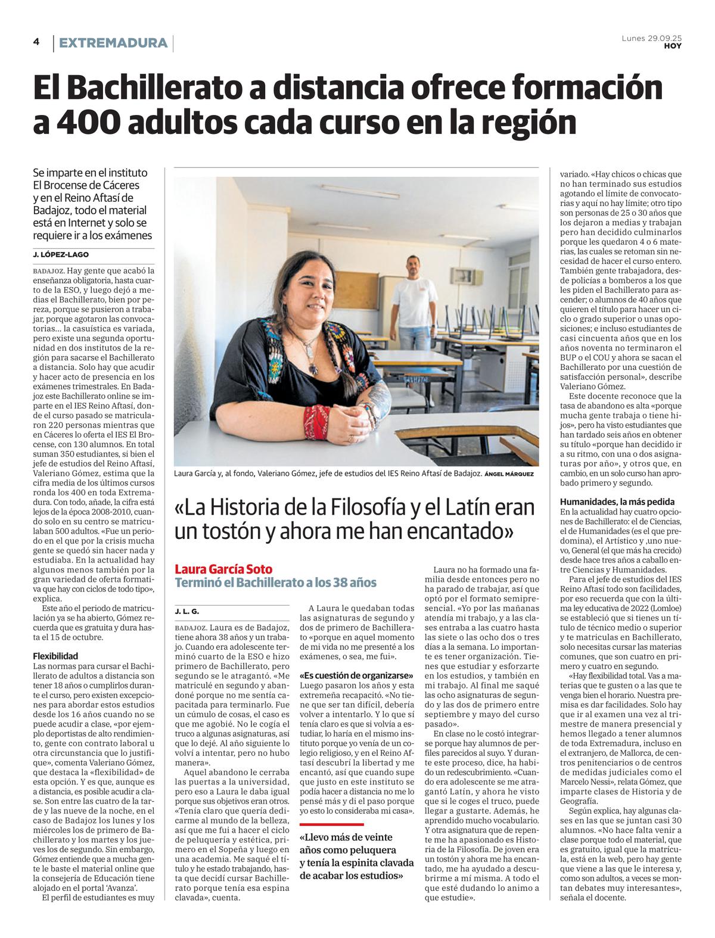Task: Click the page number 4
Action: point(36,42)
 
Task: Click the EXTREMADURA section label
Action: point(113,43)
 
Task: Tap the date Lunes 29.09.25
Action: point(651,38)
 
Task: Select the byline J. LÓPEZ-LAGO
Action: point(61,254)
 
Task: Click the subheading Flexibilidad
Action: point(55,656)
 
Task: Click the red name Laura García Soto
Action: point(223,569)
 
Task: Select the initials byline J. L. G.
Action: point(186,612)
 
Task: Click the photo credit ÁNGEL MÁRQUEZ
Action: point(509,474)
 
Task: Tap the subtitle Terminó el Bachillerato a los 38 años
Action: point(275,582)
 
